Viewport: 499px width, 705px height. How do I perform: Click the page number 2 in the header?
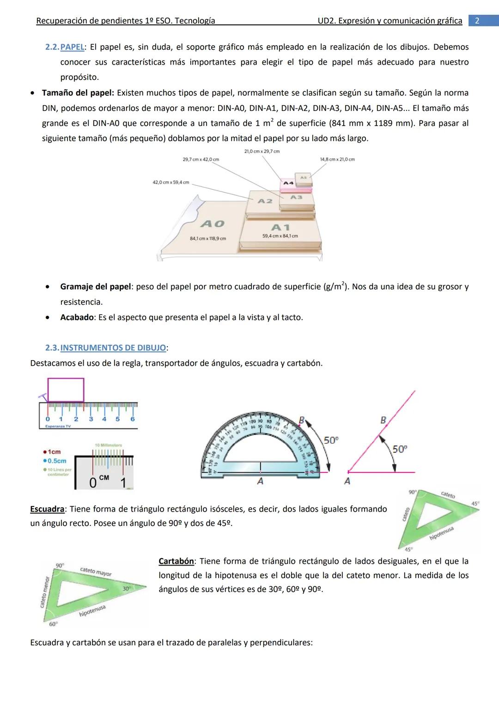(x=477, y=21)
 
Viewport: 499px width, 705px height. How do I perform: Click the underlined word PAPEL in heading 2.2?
(x=73, y=47)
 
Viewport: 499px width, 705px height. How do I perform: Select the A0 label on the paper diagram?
(x=213, y=224)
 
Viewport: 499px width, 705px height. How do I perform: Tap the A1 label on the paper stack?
(x=280, y=227)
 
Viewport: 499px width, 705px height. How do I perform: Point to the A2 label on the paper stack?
(x=265, y=201)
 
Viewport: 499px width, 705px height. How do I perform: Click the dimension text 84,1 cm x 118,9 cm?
(x=208, y=239)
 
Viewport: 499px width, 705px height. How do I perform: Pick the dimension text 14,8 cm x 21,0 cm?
(x=337, y=159)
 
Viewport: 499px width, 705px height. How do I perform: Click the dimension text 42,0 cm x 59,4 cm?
(x=171, y=182)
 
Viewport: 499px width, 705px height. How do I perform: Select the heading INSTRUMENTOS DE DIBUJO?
(x=113, y=348)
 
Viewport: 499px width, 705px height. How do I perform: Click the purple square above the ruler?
(x=66, y=390)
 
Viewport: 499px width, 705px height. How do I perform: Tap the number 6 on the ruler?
(x=132, y=419)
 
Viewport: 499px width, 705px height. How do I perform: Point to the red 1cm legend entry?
(x=51, y=452)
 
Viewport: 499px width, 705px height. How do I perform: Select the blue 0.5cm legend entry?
(x=54, y=461)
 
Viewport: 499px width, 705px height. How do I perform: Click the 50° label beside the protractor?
(x=331, y=440)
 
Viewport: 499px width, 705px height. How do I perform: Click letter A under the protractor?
(x=260, y=482)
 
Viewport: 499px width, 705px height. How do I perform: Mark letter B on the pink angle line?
(x=383, y=420)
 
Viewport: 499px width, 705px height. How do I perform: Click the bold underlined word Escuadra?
(x=47, y=509)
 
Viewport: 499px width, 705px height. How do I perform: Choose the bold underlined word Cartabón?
(x=176, y=561)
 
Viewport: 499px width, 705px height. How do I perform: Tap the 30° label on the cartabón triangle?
(x=126, y=589)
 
